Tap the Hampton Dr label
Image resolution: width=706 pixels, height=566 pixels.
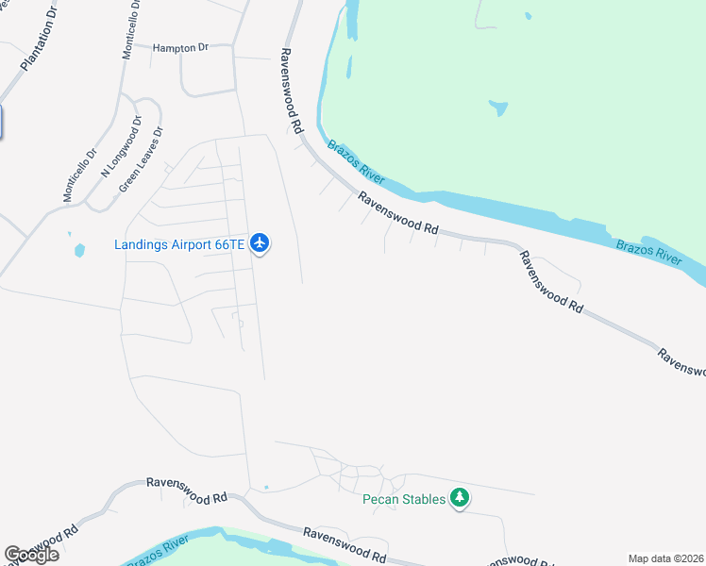(179, 47)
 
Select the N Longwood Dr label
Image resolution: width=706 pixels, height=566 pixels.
(121, 146)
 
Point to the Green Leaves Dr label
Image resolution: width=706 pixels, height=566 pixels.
(142, 159)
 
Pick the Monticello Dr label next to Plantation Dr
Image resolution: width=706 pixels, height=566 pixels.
(131, 30)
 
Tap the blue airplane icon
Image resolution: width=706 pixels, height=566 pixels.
(261, 243)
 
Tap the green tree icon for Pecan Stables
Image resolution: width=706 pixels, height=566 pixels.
(460, 497)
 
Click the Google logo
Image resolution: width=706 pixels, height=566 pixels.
(31, 555)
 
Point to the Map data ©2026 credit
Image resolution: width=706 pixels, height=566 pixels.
(665, 558)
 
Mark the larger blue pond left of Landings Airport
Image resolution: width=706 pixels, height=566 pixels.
(79, 250)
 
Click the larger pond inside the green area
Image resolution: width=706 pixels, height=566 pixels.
(498, 108)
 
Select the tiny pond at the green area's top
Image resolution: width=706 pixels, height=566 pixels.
(529, 15)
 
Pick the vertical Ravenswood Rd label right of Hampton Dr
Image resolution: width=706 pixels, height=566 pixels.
(291, 91)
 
